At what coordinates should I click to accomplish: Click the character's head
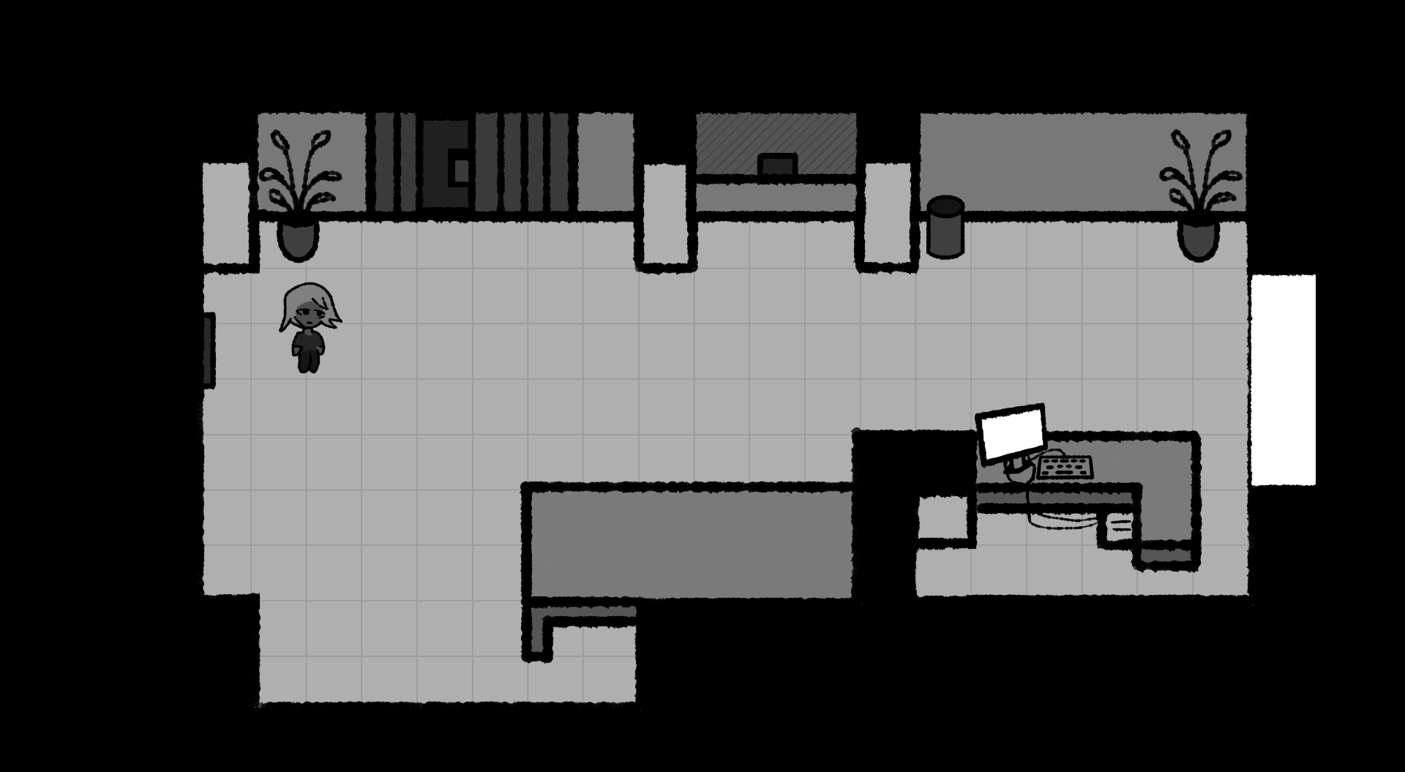pos(310,307)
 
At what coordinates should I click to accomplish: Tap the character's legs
pos(307,360)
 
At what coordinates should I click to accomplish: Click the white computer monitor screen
pos(1012,433)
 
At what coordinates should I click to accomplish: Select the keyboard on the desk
pos(1065,467)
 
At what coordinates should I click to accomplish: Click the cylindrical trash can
pos(945,227)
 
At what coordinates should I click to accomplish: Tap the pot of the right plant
pos(1198,239)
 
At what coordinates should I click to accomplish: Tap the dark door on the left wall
pos(209,350)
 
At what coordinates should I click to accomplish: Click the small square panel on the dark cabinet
pos(461,170)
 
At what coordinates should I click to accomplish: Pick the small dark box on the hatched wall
pos(777,165)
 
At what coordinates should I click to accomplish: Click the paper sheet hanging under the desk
pos(1119,525)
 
